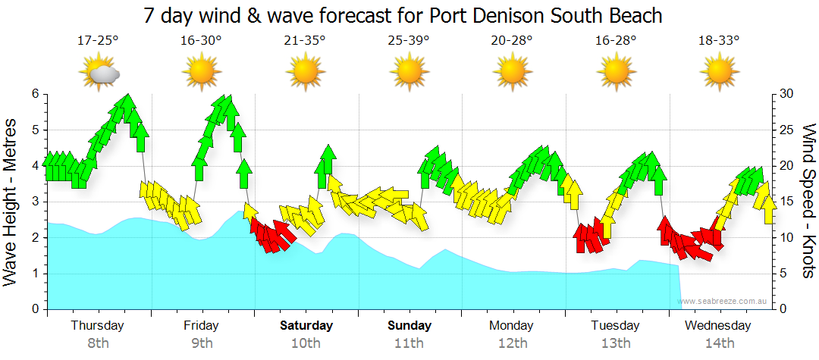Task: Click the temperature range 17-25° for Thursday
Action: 98,40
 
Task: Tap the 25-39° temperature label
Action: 409,40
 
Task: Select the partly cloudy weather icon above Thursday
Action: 99,74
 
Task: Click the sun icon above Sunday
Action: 409,73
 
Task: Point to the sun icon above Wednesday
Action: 719,73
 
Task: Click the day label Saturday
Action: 306,326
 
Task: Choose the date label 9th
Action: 202,343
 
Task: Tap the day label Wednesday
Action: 717,326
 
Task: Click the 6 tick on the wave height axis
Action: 35,94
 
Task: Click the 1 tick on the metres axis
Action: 35,274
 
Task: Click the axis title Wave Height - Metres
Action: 12,202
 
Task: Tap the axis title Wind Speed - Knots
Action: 808,202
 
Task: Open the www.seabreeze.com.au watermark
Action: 724,301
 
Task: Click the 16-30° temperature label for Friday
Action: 202,40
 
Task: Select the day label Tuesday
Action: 616,326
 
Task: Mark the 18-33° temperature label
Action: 719,40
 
